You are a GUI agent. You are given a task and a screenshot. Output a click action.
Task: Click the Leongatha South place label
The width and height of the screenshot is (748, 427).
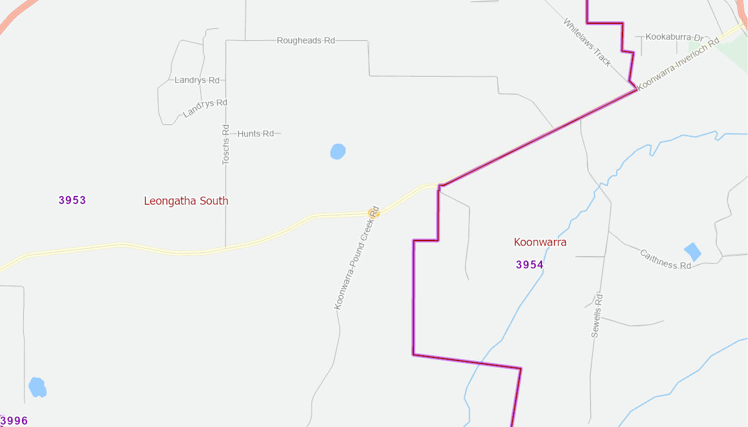pos(186,201)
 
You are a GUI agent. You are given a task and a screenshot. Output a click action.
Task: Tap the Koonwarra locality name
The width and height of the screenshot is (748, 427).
pos(540,242)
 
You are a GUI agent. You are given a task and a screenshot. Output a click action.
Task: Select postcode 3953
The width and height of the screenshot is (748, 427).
pos(72,200)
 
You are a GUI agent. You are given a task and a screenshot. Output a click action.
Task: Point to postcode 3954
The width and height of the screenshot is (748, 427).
pos(529,265)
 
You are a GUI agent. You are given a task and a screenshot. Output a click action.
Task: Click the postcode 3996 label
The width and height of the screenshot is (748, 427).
pos(14,421)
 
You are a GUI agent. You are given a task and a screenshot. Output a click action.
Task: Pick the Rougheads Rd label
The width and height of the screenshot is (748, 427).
pos(306,40)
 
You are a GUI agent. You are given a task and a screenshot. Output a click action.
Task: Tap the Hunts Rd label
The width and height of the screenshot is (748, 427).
pos(256,134)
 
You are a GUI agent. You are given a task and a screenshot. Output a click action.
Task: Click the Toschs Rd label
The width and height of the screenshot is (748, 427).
pos(226,144)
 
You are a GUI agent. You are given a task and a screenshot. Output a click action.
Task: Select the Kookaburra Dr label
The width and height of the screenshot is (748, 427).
pos(671,38)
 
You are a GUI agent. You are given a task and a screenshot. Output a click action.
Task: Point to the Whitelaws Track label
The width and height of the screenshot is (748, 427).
pos(587,42)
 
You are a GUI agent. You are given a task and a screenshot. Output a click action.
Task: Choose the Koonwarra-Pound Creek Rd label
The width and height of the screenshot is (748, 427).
pos(357,257)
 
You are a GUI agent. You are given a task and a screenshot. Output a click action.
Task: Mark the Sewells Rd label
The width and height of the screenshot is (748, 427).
pos(597,316)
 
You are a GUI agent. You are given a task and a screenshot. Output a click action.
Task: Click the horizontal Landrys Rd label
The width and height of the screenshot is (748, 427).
pos(197,80)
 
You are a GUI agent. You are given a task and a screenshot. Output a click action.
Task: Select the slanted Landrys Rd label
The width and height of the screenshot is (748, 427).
pos(205,108)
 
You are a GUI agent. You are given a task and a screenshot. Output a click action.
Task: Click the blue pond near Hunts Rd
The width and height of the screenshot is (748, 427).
pos(338,151)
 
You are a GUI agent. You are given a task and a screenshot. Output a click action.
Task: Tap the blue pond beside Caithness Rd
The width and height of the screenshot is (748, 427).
pos(692,251)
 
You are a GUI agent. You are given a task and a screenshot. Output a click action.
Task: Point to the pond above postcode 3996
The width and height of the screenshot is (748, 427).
pos(37,387)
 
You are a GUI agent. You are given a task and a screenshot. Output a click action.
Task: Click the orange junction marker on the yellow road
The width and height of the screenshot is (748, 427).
pos(374,213)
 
